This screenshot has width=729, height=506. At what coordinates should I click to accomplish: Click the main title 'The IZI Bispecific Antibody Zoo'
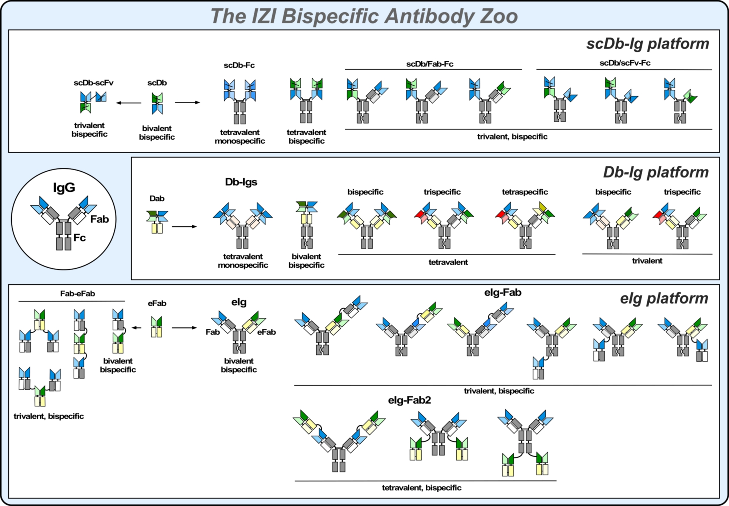point(364,16)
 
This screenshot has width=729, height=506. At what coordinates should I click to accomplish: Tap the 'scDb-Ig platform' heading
point(648,44)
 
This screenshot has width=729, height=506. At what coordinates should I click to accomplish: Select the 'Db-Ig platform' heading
point(656,172)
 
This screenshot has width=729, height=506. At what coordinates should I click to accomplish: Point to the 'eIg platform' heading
point(664,298)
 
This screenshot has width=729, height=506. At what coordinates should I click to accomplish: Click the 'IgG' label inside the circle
point(64,187)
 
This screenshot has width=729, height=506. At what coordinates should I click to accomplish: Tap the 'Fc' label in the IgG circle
point(79,238)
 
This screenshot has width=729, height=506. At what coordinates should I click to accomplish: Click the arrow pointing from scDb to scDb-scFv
point(129,103)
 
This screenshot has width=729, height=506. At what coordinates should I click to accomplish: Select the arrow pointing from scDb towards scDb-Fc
point(188,102)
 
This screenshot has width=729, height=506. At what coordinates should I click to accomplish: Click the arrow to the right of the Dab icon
point(184,226)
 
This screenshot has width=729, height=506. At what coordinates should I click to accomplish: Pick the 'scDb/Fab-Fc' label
point(430,64)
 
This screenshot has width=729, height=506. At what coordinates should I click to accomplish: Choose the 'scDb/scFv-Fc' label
point(625,63)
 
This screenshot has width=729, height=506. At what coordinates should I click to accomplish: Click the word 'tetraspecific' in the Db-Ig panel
point(525,192)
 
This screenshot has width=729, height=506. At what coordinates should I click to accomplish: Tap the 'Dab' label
point(157,198)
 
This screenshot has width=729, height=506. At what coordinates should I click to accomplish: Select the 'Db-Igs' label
point(241,182)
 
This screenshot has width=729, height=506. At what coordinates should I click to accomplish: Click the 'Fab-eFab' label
point(78,293)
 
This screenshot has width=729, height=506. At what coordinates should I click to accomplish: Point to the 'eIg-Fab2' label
point(409,400)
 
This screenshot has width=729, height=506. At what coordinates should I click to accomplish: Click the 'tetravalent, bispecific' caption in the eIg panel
point(422,488)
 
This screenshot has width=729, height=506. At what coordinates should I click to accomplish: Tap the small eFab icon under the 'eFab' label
point(157,327)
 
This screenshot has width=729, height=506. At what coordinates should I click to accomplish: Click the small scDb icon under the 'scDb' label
point(157,103)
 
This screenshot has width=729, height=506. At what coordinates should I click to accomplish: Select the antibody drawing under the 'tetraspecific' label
point(525,225)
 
